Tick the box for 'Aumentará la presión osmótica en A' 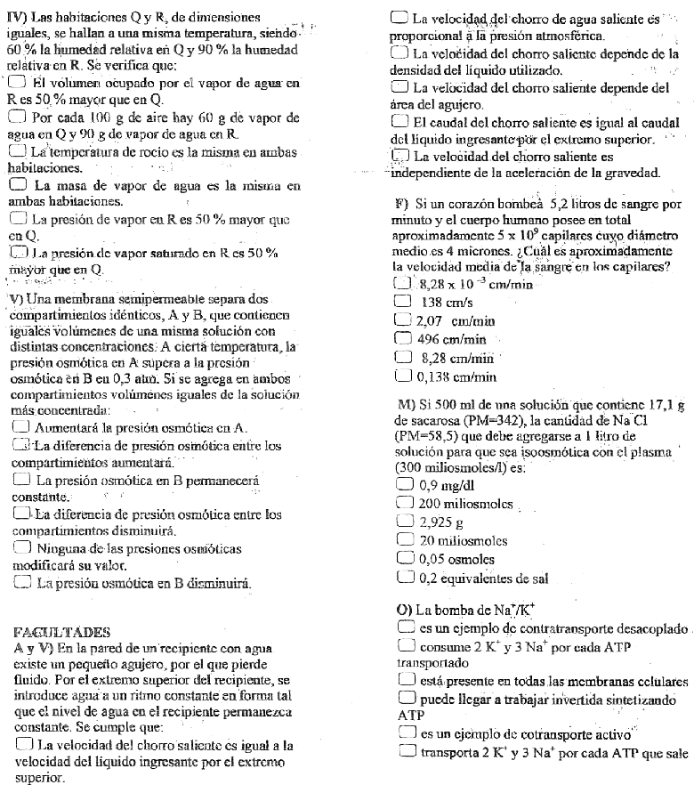(21, 427)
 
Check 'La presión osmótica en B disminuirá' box (21, 583)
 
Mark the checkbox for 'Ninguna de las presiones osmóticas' (21, 549)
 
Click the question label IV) (13, 17)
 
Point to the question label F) (400, 205)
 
